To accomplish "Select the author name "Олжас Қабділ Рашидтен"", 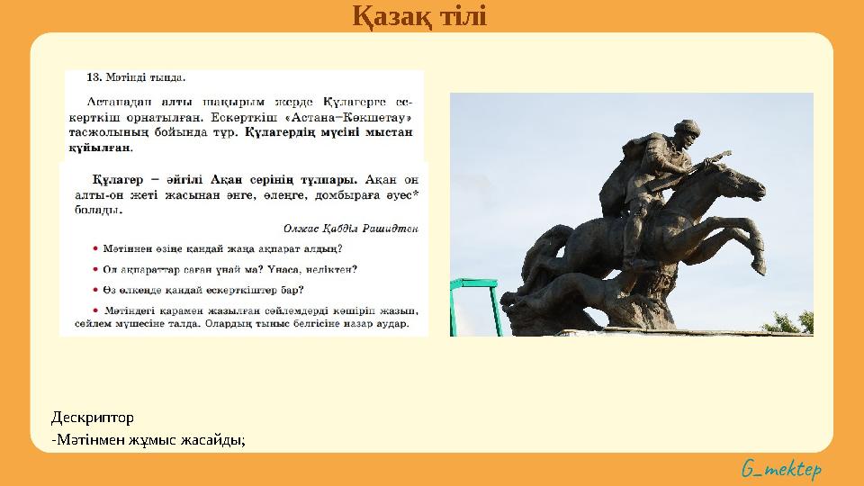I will point(350,229).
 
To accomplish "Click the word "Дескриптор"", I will point(92,418).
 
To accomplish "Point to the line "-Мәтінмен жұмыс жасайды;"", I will point(148,439).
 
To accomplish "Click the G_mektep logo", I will point(781,469).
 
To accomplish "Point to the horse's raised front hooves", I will point(756,261).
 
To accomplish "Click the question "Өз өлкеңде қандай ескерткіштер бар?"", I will point(202,290).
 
